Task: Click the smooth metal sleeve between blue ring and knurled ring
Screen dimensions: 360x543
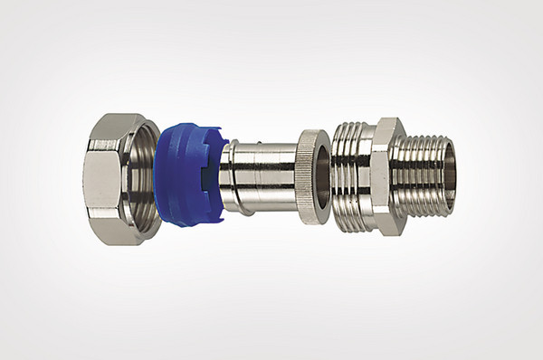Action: click(271, 176)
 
